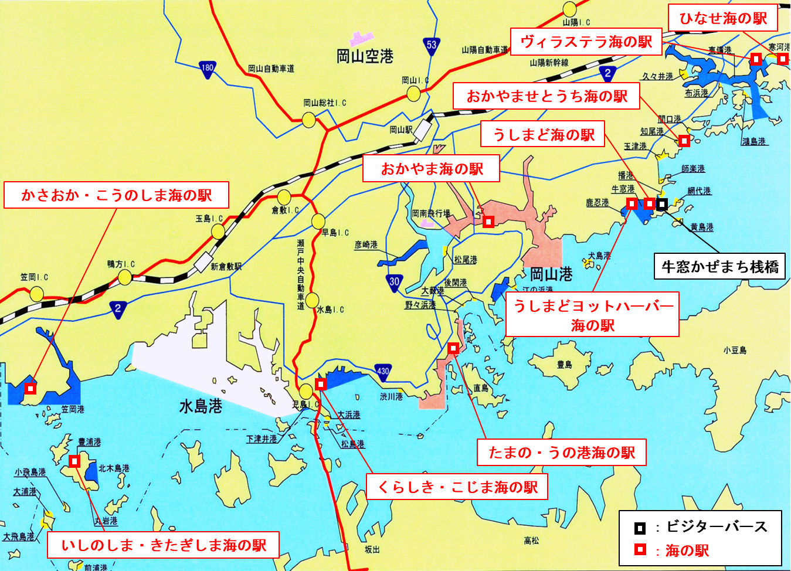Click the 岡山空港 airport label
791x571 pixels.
365,56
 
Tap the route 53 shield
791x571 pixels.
432,45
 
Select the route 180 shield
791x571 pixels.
207,68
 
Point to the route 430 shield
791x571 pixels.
383,371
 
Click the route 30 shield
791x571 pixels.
394,282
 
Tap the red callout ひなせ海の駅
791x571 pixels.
723,18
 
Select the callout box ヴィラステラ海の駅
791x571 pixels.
586,42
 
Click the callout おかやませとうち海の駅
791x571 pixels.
546,96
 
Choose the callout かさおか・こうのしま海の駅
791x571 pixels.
116,195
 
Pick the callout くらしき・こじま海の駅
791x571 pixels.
457,487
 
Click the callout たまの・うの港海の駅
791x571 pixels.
562,453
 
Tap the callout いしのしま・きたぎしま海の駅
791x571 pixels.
163,545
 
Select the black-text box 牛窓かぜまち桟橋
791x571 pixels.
719,267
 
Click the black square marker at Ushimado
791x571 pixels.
662,204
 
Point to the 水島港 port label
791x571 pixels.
201,406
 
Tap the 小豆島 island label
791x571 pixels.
735,351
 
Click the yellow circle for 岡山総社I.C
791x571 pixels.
309,120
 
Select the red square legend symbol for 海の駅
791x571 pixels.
640,550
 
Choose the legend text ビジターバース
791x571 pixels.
717,526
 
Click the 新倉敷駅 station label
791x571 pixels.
226,267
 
